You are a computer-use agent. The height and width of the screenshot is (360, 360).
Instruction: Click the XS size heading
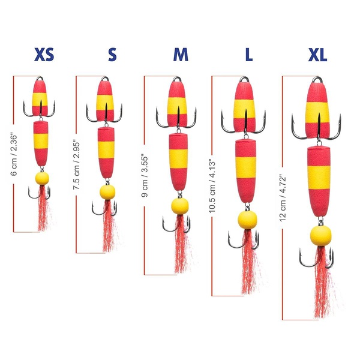click(44, 55)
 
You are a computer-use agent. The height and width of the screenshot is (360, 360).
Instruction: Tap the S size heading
click(112, 55)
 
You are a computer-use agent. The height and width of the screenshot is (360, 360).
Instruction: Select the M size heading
click(181, 55)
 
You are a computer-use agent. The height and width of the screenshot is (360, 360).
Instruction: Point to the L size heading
click(249, 55)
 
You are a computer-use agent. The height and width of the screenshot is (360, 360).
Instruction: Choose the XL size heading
click(317, 55)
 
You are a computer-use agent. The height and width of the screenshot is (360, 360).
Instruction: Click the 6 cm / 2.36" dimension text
click(14, 154)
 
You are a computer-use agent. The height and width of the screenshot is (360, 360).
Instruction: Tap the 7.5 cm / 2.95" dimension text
click(76, 164)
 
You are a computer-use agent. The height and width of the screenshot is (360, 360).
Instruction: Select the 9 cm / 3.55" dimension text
click(145, 177)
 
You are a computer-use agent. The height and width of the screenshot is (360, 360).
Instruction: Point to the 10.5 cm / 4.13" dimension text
click(212, 186)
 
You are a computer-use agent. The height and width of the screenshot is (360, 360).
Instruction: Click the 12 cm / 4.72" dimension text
click(283, 199)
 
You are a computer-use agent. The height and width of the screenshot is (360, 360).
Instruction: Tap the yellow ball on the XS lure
click(42, 178)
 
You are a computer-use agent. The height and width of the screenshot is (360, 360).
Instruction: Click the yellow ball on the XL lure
click(321, 236)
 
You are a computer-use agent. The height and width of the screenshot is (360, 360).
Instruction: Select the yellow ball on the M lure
click(180, 206)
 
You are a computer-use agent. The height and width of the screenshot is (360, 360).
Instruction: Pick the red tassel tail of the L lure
click(250, 262)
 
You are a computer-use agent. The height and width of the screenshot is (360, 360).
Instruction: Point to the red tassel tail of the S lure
click(109, 226)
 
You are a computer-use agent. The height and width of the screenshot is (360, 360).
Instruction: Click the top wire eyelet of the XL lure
click(317, 79)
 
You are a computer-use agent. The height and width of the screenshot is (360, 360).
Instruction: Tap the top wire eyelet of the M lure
click(177, 79)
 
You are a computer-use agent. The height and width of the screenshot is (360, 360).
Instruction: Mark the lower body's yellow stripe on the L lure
click(245, 167)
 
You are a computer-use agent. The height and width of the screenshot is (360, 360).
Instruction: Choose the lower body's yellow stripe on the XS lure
click(41, 141)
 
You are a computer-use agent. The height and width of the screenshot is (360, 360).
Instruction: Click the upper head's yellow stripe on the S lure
click(105, 103)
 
